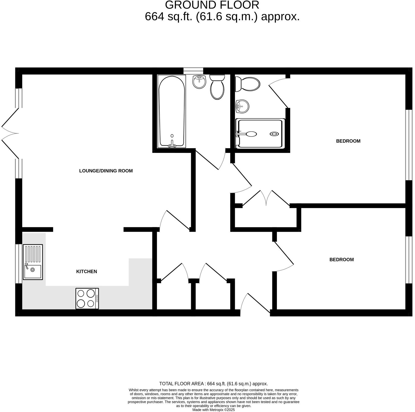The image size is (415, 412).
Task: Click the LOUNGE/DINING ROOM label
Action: (106, 171)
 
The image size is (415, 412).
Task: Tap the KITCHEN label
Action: (86, 271)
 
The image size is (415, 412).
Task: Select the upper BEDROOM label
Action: (348, 141)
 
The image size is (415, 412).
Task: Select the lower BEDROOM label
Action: (341, 260)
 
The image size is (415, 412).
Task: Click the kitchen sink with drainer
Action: (33, 262)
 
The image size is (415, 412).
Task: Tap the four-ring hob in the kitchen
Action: (87, 298)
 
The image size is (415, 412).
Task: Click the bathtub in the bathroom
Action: (172, 112)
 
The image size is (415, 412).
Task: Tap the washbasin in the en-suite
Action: (242, 106)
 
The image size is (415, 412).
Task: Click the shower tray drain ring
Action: (274, 134)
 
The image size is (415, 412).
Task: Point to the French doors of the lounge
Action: (10, 133)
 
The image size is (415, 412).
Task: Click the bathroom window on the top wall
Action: (193, 71)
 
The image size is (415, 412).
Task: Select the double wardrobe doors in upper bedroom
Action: (266, 198)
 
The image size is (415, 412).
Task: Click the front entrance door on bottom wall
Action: (255, 304)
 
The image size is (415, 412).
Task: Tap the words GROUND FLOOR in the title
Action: (212, 5)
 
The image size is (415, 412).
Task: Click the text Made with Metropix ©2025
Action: (214, 410)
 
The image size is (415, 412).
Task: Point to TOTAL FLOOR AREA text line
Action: (214, 384)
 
